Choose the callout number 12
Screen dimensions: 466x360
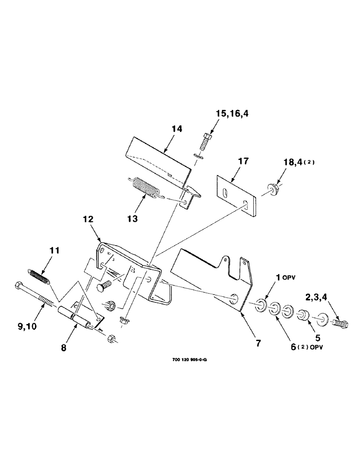pyautogui.click(x=89, y=219)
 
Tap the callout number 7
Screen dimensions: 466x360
pyautogui.click(x=258, y=343)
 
